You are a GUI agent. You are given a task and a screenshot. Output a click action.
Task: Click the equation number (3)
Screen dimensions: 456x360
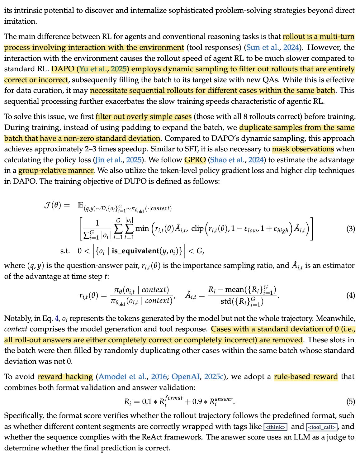[351, 229]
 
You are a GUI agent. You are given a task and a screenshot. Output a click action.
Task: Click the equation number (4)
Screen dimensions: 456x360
[351, 295]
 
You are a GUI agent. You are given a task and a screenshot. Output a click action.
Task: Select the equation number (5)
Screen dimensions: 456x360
[351, 401]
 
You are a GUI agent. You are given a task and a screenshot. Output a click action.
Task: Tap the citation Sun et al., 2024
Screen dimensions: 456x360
[273, 48]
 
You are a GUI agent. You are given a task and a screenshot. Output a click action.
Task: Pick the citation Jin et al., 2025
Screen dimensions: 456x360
[118, 160]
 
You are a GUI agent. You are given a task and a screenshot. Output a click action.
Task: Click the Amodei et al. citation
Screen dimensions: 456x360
[128, 377]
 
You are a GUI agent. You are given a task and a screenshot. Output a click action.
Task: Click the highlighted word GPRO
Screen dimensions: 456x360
[195, 160]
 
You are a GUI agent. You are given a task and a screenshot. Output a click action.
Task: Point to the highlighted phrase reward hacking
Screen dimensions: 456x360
[65, 377]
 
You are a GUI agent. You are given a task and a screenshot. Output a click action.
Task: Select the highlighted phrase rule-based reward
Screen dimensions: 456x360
[306, 377]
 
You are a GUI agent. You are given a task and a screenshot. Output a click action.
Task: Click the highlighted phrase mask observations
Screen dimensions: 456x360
[303, 149]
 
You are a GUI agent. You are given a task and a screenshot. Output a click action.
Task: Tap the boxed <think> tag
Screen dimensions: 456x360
[275, 427]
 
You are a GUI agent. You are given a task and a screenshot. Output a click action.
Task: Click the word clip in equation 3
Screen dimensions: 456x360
[197, 229]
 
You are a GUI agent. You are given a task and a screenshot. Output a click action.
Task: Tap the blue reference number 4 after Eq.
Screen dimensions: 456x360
[56, 319]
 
